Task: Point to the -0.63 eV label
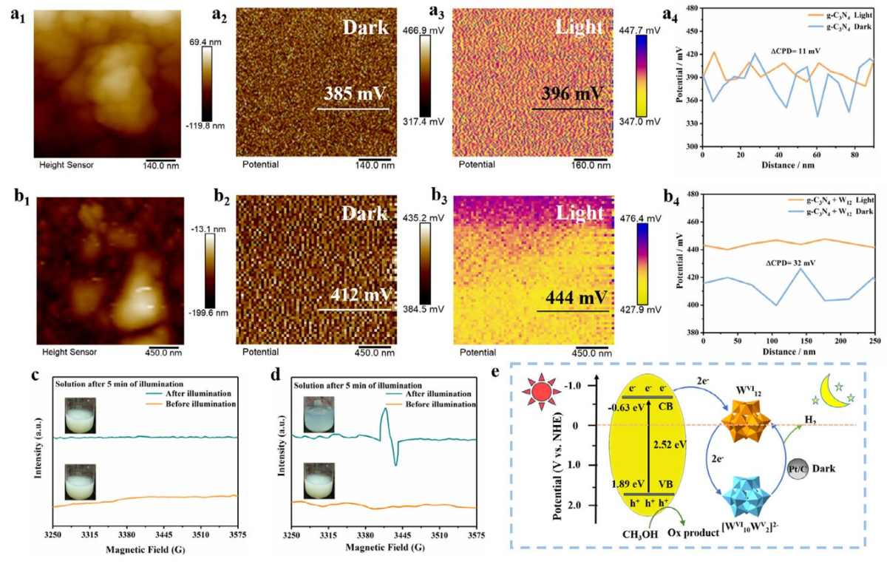[x=625, y=407]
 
